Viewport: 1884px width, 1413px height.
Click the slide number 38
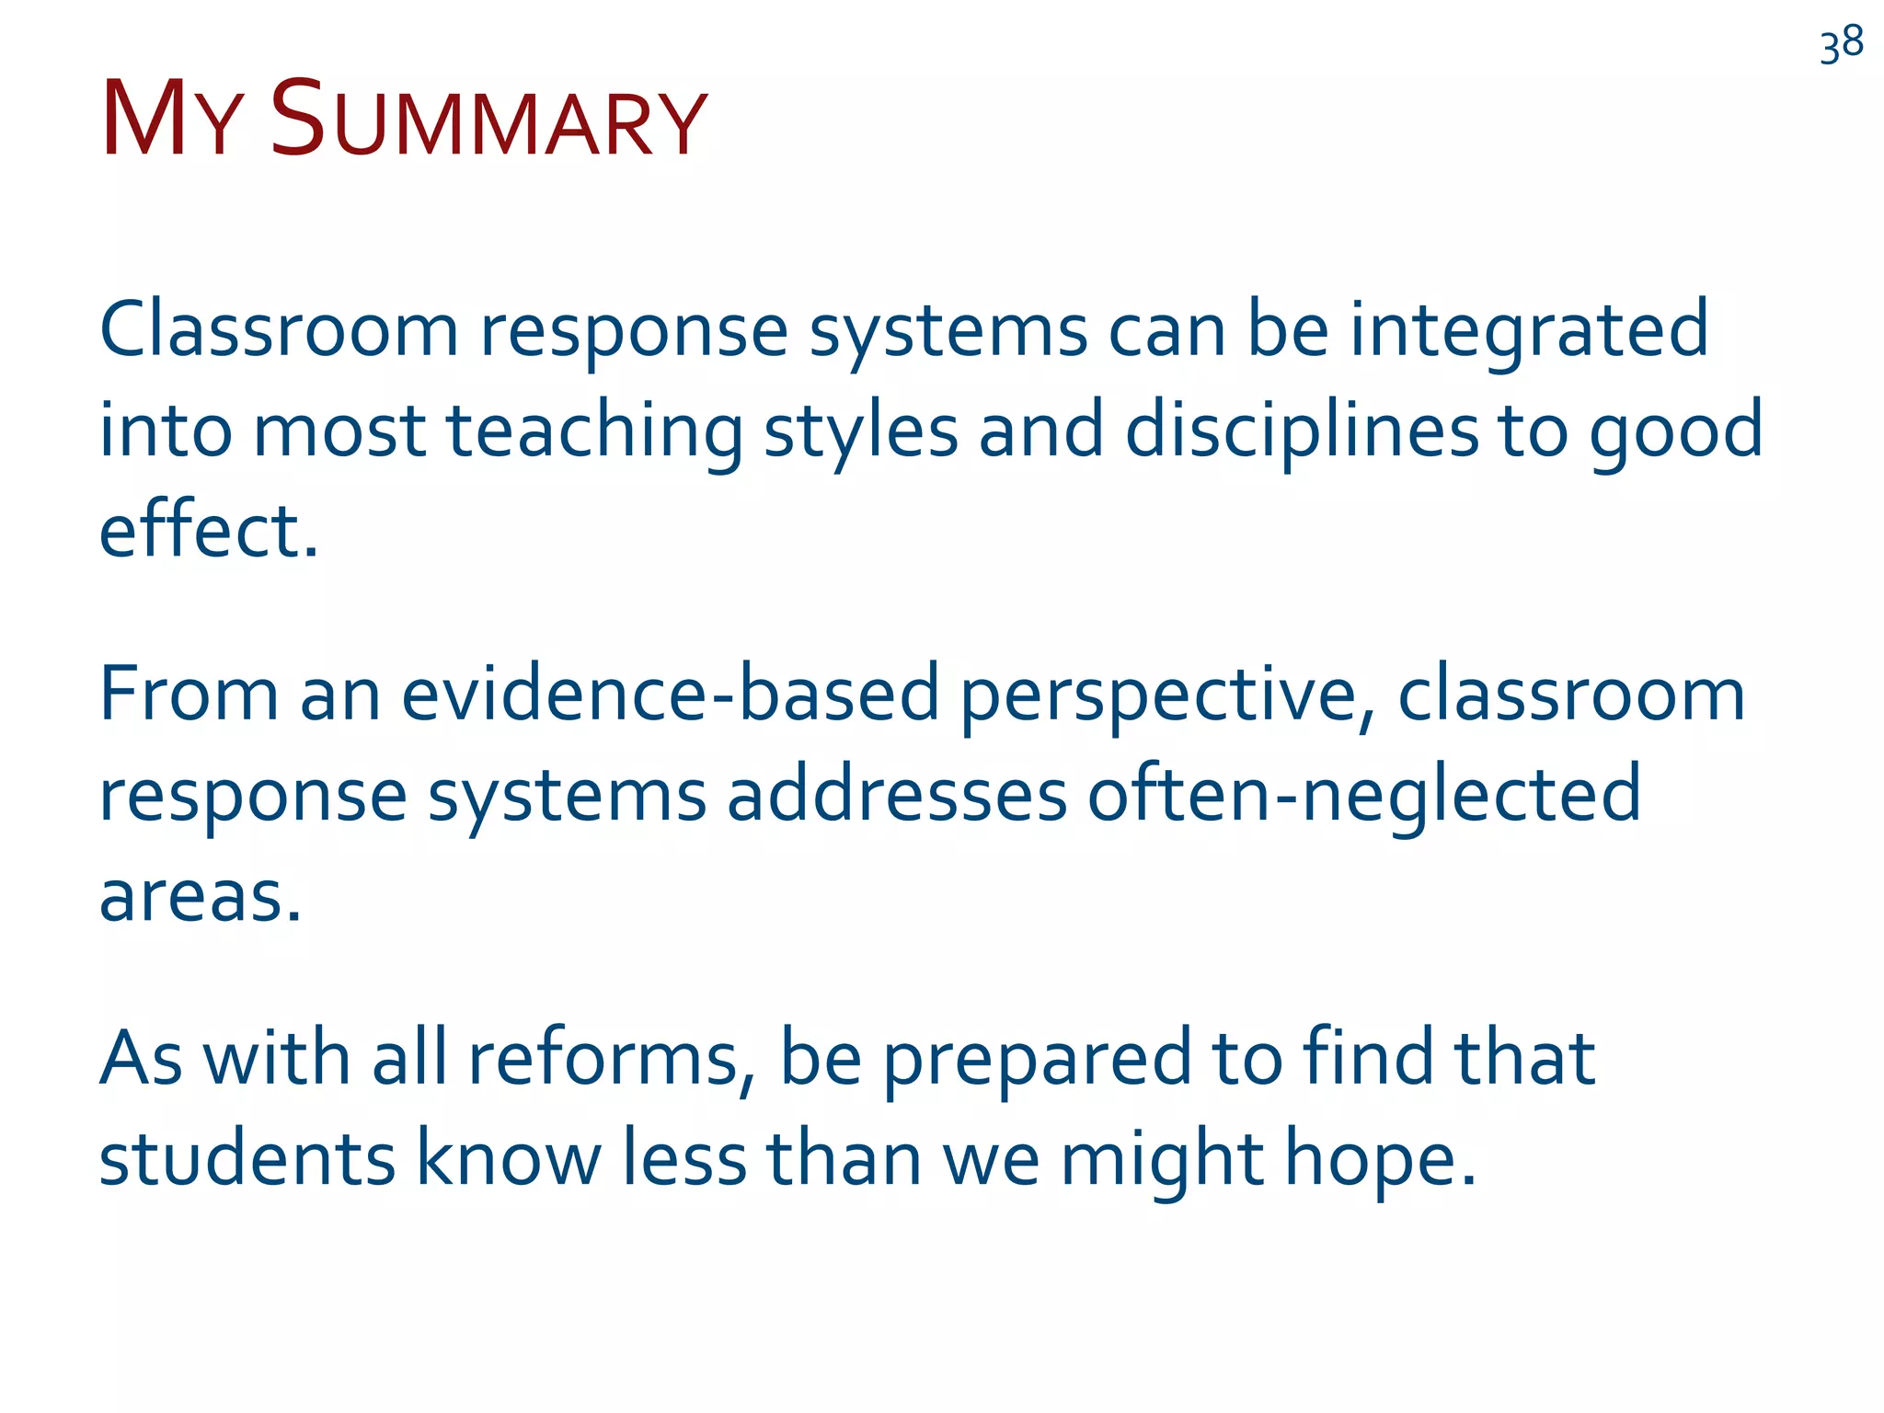coord(1842,44)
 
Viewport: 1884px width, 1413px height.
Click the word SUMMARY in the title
coord(488,121)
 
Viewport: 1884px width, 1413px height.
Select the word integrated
coord(1528,331)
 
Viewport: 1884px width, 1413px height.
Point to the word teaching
coord(594,432)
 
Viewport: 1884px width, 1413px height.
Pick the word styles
coord(861,432)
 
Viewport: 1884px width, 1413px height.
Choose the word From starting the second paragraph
coord(189,694)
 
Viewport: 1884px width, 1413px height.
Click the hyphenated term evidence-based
coord(670,694)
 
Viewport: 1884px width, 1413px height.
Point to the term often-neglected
coord(1364,796)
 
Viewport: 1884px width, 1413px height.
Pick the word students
coord(247,1158)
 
